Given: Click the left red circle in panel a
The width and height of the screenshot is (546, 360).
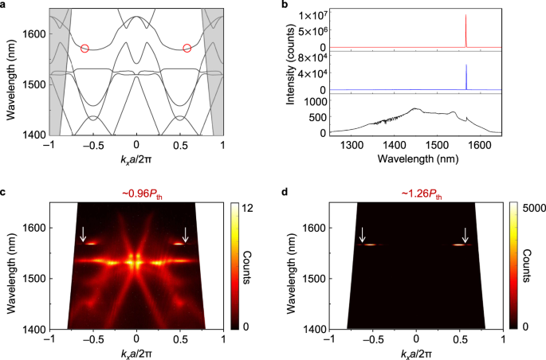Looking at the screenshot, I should pyautogui.click(x=85, y=49).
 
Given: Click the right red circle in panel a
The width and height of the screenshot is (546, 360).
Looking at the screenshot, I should pyautogui.click(x=187, y=49).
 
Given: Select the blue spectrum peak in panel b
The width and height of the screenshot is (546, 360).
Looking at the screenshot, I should pyautogui.click(x=465, y=76).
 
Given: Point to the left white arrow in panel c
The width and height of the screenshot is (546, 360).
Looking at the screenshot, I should pyautogui.click(x=84, y=233).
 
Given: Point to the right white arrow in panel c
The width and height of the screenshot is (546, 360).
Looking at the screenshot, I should pyautogui.click(x=186, y=233).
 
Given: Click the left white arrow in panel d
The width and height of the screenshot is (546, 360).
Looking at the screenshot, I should pyautogui.click(x=363, y=234).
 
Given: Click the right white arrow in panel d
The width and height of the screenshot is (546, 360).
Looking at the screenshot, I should pyautogui.click(x=465, y=234).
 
